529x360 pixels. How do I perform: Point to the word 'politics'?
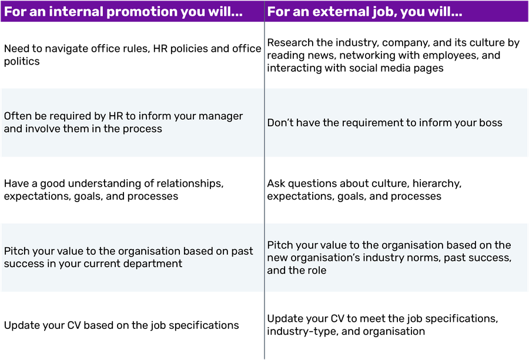22,62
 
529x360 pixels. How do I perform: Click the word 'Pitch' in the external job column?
280,245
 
